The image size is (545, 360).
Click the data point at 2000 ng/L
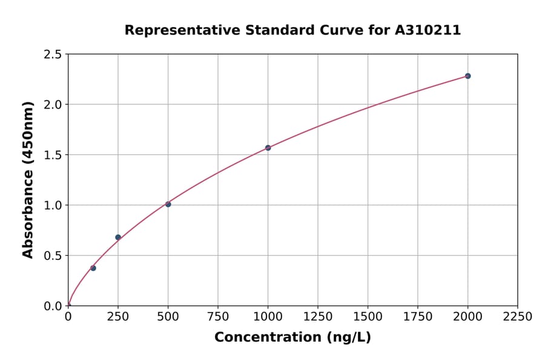click(467, 76)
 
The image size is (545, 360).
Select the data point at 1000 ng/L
click(268, 148)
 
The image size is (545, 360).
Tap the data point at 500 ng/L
click(168, 204)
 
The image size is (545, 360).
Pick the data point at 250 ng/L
click(118, 237)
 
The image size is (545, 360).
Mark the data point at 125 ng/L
click(93, 268)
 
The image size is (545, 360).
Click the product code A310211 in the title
click(428, 30)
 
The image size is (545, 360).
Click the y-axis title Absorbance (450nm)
click(28, 180)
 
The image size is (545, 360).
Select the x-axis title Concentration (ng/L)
click(292, 337)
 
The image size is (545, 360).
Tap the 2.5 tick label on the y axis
click(53, 55)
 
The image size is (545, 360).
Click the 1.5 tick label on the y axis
click(53, 155)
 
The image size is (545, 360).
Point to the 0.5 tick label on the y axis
click(53, 256)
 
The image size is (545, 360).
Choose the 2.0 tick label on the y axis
click(53, 105)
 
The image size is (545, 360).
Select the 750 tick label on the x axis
click(218, 317)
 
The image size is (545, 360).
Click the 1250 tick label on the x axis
click(318, 317)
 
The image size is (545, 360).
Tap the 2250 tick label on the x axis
click(518, 317)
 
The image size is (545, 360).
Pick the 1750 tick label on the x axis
click(418, 317)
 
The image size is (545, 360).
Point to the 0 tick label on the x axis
click(68, 317)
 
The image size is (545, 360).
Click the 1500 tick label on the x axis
click(368, 317)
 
